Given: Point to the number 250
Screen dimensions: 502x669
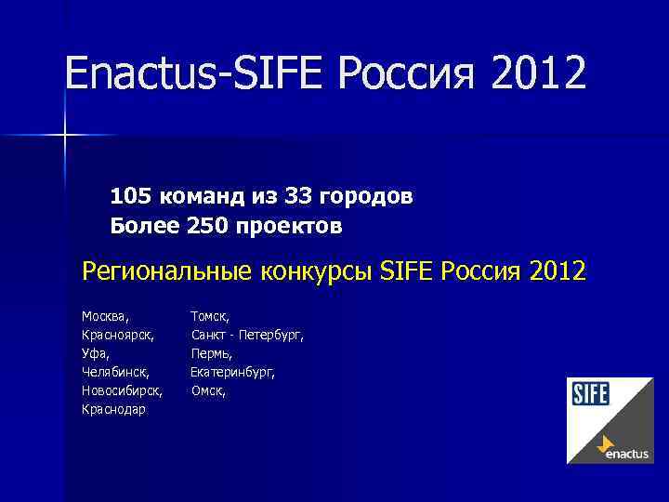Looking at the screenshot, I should coord(208,226).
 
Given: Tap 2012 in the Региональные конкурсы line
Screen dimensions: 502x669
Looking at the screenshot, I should coord(557,272).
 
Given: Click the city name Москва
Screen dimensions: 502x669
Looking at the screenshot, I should coord(105,317).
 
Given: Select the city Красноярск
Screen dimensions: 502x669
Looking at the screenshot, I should coord(117,335).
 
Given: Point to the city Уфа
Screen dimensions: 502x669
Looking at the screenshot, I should coord(95,353).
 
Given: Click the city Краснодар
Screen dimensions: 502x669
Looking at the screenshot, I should coord(113,409).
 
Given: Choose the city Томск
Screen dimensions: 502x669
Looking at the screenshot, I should coord(210,317).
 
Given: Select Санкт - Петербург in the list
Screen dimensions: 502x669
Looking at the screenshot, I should coord(247,335).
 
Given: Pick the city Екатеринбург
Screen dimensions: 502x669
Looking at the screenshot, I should coord(232,372).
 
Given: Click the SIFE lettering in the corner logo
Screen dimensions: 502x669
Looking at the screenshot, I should coord(589,394).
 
